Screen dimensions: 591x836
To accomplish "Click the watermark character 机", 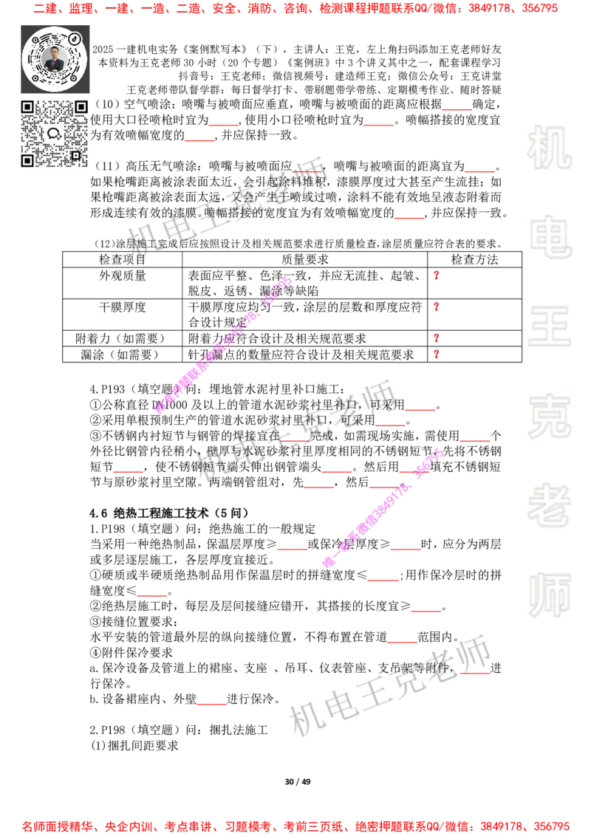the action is (x=550, y=148).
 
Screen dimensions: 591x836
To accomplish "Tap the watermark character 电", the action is (x=553, y=236).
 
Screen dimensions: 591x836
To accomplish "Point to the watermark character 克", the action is (x=550, y=417).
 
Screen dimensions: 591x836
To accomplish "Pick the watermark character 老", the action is (x=550, y=505).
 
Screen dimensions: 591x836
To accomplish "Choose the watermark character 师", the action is (x=550, y=596).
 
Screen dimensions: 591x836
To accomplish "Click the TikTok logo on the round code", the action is (x=75, y=38).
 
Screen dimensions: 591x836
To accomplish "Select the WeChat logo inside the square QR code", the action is (x=54, y=134).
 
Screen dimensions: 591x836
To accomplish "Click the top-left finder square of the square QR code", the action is (x=27, y=107).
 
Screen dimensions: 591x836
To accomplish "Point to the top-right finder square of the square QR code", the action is (x=81, y=107).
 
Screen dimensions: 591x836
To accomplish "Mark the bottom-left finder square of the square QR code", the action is (x=27, y=160).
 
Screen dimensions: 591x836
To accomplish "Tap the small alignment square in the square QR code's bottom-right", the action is (x=75, y=155).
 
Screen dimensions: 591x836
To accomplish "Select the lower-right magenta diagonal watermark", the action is (x=383, y=507).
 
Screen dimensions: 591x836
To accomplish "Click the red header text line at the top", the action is (x=295, y=10).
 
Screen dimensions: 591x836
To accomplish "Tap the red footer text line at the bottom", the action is (x=295, y=826).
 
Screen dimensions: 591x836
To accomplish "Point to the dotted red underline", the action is (x=306, y=172).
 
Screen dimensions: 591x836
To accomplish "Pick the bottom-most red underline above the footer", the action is (x=212, y=705).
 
